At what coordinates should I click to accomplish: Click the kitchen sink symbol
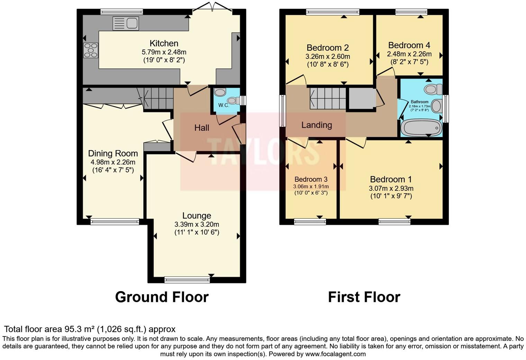click(x=126, y=24)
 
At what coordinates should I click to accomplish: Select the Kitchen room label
click(x=164, y=43)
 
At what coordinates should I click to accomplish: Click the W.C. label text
click(x=224, y=105)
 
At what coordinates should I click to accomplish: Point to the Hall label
click(x=201, y=128)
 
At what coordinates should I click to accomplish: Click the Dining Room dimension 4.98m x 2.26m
click(x=113, y=162)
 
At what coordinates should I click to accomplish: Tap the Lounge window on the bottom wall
click(x=187, y=280)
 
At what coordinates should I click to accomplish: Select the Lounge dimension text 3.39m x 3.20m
click(x=197, y=224)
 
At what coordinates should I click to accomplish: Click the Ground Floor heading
click(x=162, y=297)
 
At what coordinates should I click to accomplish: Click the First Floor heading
click(x=364, y=297)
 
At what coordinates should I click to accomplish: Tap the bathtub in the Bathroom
click(x=421, y=128)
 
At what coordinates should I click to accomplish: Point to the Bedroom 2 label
click(x=327, y=48)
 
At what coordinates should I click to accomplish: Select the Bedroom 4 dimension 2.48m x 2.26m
click(x=409, y=54)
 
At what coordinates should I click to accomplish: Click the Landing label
click(x=316, y=125)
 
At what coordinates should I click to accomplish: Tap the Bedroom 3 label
click(x=311, y=179)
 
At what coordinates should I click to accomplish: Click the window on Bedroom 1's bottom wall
click(x=394, y=222)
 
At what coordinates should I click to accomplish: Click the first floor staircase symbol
click(x=327, y=98)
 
